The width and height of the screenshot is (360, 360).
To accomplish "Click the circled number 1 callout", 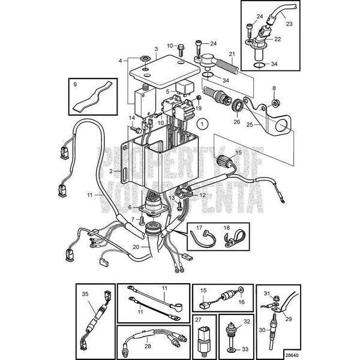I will click(203, 125).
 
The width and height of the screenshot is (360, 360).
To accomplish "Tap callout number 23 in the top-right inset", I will click(288, 25).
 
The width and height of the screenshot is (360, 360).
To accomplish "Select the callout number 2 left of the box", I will click(111, 171).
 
